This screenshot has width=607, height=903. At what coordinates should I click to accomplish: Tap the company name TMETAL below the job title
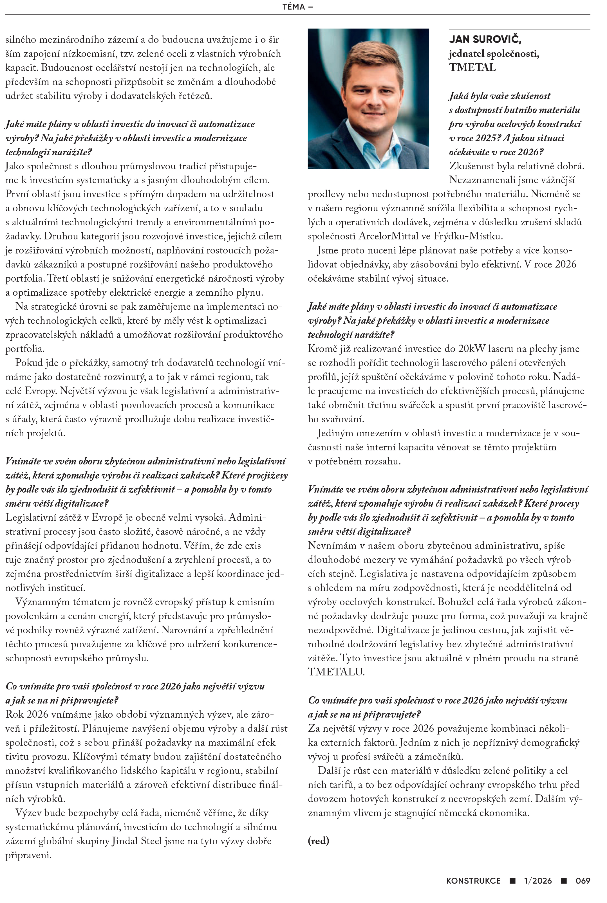(x=472, y=68)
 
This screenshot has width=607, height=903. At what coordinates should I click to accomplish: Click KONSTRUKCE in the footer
(x=473, y=881)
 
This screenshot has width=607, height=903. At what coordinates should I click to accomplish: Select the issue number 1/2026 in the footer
(x=538, y=881)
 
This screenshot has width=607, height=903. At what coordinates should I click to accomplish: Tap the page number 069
(x=583, y=881)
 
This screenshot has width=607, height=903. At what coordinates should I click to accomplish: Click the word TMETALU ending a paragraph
(x=336, y=672)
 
